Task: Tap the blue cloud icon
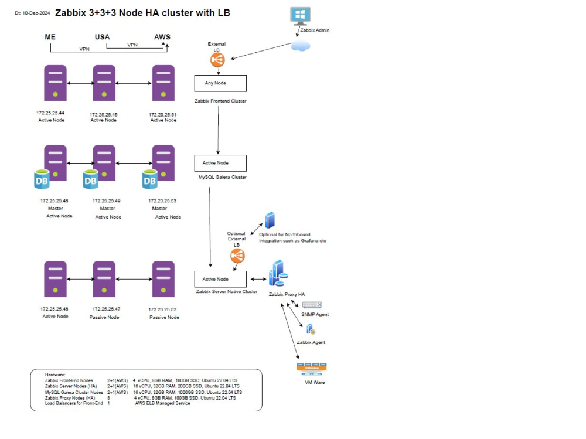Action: [x=301, y=46]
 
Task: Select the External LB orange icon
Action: [x=217, y=60]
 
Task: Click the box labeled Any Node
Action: [x=220, y=83]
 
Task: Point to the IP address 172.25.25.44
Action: [x=50, y=112]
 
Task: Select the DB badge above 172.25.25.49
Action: [x=90, y=181]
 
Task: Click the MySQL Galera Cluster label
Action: [x=223, y=177]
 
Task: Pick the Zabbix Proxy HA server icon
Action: [x=278, y=274]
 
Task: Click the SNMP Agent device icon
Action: [x=312, y=305]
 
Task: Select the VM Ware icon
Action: [x=312, y=368]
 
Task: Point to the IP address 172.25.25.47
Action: [x=106, y=309]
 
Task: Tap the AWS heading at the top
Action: [x=162, y=37]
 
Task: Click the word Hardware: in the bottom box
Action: [x=56, y=375]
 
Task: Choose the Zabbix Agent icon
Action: [x=311, y=330]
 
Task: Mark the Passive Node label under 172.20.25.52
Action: [x=164, y=317]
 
